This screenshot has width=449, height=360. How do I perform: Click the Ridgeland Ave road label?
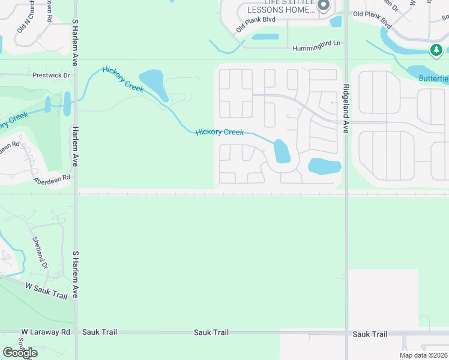pos(346,103)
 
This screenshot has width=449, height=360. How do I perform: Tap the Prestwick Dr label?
pos(51,76)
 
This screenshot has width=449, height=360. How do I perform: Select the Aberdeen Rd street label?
pos(52,179)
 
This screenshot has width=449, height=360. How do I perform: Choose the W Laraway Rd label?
pos(46,332)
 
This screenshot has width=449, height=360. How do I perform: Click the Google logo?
pos(20,353)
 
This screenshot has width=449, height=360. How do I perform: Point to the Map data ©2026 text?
pos(423,355)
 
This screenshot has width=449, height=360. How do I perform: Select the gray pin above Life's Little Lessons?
pos(324,5)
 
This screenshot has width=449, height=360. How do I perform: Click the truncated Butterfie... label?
pos(433,79)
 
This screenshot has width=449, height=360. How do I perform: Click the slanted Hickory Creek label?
pos(123,79)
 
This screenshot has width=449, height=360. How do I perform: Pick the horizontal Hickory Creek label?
pos(220,132)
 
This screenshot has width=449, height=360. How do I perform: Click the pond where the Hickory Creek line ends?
pos(281,152)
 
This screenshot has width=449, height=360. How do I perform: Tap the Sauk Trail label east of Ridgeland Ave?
pos(370,334)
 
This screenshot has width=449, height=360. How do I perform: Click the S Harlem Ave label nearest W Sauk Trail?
pos(76,275)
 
